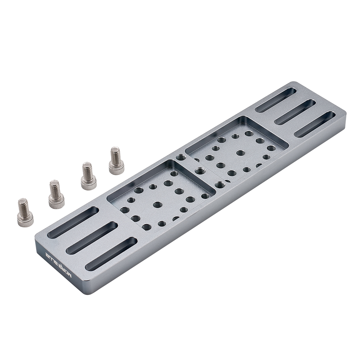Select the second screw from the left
[x=55, y=194]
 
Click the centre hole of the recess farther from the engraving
[x=240, y=152]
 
